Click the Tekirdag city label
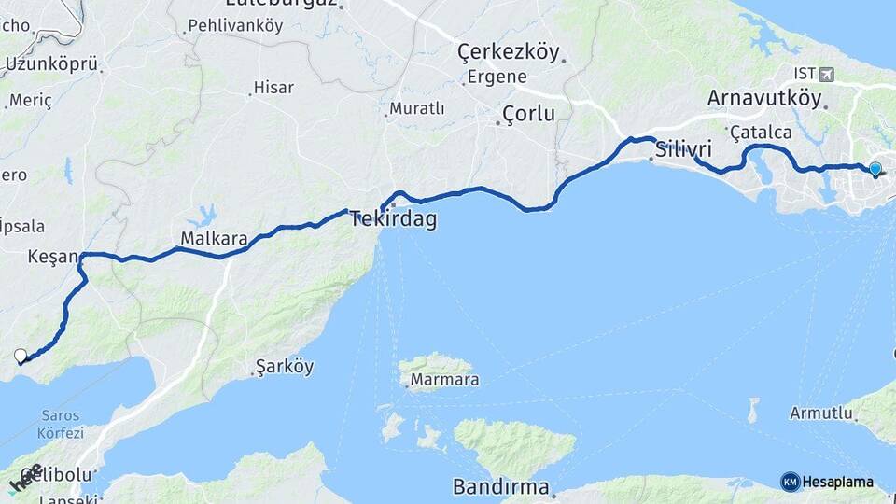tap(393, 219)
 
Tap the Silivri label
tap(683, 149)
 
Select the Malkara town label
tap(214, 239)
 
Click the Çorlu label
tap(528, 114)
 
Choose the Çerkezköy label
tap(509, 52)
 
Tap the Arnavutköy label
tap(764, 98)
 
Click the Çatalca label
tap(761, 133)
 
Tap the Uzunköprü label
tap(51, 64)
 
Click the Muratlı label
tap(416, 109)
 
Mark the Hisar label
tap(273, 88)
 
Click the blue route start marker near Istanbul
tap(875, 169)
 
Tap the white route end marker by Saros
tap(21, 355)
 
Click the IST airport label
tap(805, 73)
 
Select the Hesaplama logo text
tap(837, 482)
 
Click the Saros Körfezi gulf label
tap(60, 424)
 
